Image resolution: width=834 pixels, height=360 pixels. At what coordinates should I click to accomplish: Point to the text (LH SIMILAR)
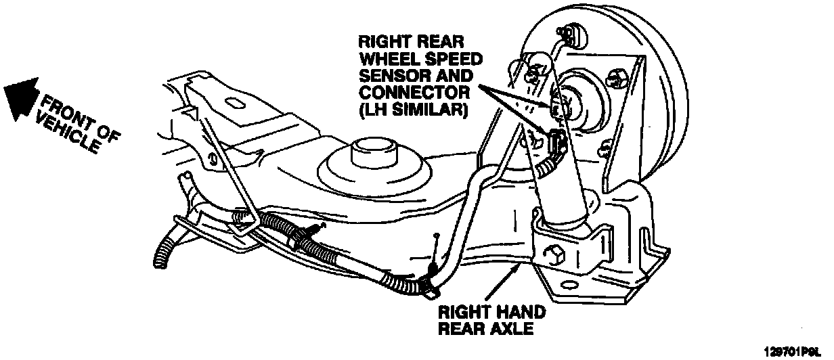(x=414, y=108)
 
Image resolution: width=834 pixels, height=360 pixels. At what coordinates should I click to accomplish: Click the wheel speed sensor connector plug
(x=558, y=143)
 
